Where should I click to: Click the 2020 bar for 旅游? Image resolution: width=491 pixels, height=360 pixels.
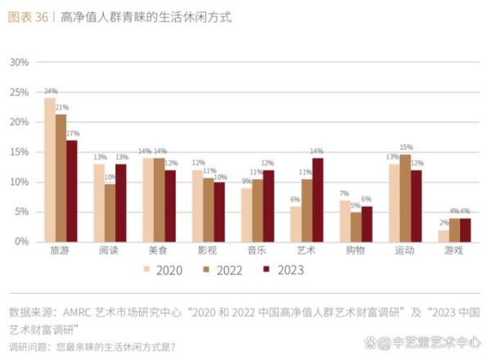[50, 170]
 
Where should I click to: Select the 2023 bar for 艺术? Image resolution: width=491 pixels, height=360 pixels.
[318, 200]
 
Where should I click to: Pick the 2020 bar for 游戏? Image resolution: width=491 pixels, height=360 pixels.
[443, 236]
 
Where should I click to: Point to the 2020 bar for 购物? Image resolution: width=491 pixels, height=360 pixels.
[345, 221]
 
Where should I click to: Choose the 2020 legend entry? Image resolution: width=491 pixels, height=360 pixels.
[163, 269]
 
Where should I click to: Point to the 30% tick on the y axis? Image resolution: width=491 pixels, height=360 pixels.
[20, 62]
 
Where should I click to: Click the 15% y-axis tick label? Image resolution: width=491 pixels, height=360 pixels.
[20, 152]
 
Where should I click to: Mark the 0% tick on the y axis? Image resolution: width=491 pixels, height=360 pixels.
[22, 241]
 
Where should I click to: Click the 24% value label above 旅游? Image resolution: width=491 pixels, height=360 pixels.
[50, 92]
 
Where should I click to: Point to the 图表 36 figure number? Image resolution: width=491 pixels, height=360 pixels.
[27, 16]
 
